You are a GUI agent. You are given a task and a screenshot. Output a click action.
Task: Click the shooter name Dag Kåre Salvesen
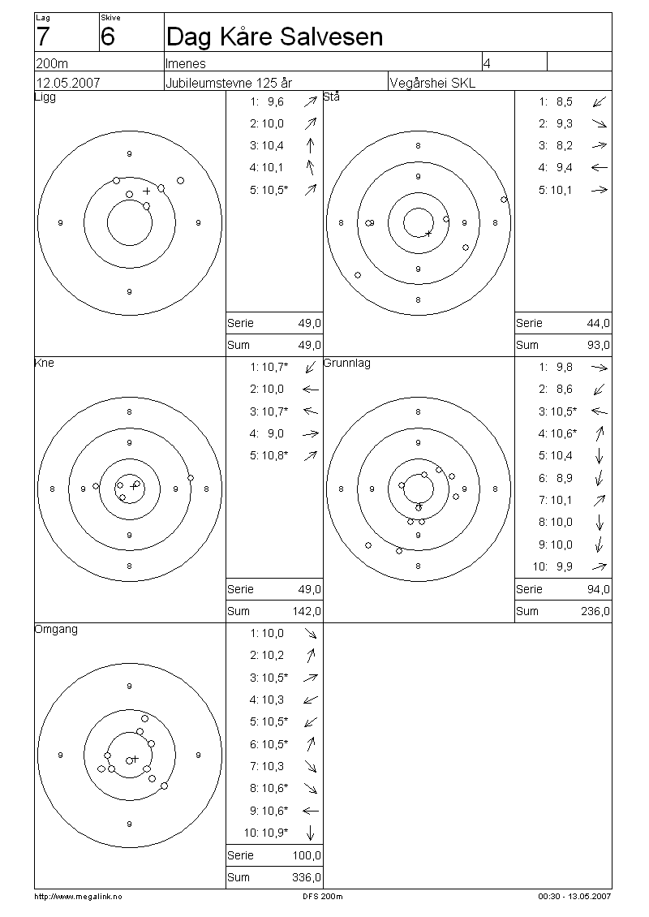click(x=274, y=37)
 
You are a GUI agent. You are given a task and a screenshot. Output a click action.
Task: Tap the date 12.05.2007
click(x=68, y=83)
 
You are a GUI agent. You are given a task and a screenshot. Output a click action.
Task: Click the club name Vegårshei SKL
click(x=432, y=83)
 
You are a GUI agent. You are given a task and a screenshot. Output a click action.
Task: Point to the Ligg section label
click(x=45, y=97)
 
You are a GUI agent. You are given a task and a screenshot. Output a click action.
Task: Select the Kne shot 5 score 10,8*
click(x=275, y=455)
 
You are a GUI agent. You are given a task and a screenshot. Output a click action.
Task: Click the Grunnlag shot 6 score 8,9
click(x=564, y=478)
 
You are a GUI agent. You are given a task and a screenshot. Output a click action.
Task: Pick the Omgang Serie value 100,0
click(x=307, y=855)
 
